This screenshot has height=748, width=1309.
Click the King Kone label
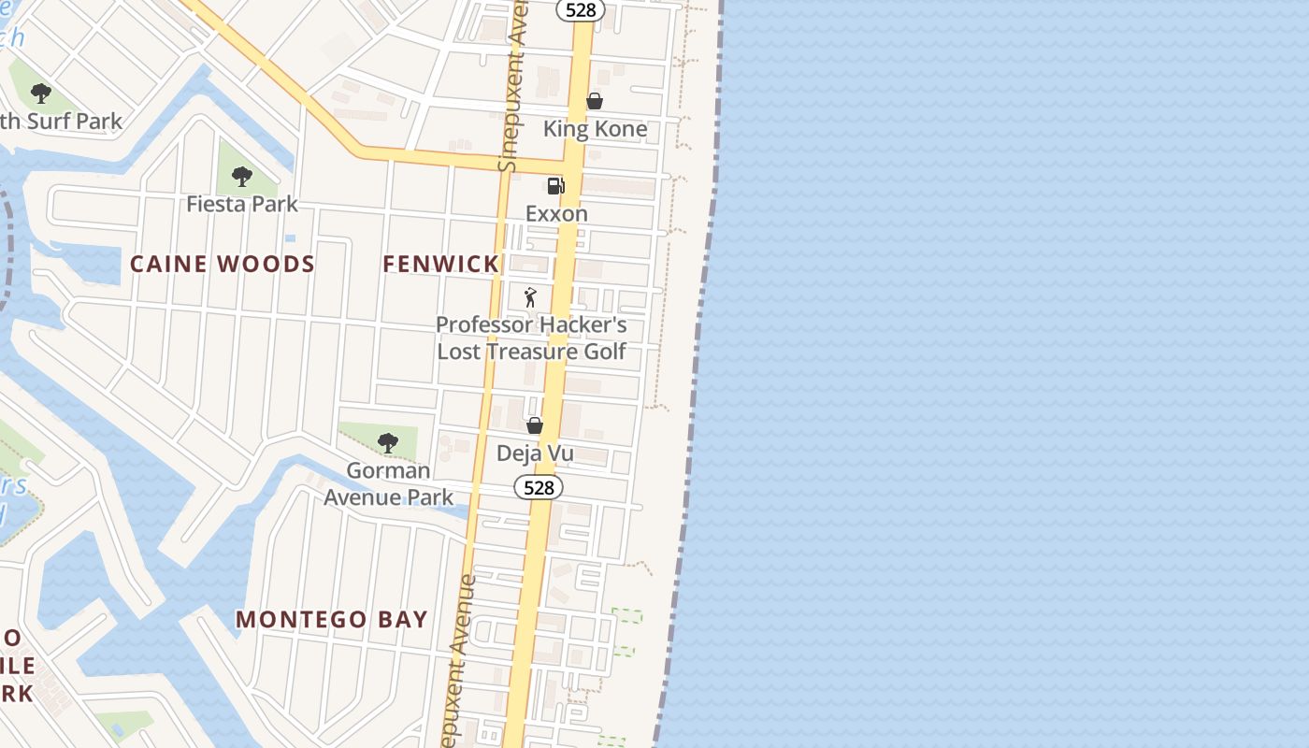coord(595,129)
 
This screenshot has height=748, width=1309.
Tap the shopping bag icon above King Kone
coord(595,101)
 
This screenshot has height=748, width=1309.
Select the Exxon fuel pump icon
coord(556,185)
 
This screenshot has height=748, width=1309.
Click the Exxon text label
coord(556,213)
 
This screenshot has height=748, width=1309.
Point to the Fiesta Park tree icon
coord(241,175)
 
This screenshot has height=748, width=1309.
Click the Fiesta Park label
coord(241,203)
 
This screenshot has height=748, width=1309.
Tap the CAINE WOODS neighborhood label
coord(223,264)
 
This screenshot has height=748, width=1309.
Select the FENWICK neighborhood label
coord(441,264)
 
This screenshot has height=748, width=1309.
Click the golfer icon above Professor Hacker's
coord(531,297)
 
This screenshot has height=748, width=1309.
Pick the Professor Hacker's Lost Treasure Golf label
coord(531,338)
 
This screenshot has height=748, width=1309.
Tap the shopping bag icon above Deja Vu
coord(535,425)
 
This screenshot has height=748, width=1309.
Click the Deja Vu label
coord(535,453)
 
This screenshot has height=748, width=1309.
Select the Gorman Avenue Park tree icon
coord(388,442)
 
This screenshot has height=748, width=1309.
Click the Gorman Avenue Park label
coord(388,483)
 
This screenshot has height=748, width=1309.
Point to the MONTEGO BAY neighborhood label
coord(332,619)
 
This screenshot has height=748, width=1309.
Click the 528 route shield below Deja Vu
coord(539,487)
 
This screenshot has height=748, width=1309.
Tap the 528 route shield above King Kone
coord(581,9)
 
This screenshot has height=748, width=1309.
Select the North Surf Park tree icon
coord(40,93)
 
